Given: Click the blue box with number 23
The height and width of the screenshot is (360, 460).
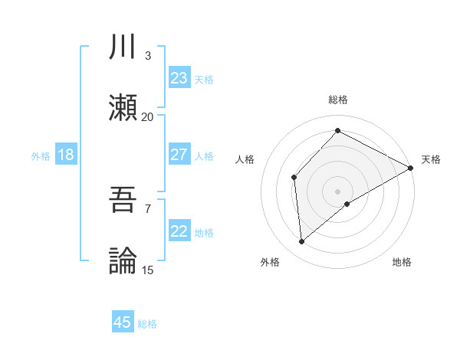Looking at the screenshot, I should tap(179, 77).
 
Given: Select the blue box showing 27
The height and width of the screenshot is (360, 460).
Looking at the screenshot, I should tap(179, 155).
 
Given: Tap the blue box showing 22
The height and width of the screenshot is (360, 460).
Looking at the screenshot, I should tap(179, 231).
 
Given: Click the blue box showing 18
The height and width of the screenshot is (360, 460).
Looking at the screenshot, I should tap(66, 155).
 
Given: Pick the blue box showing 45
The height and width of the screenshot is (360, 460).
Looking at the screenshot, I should tap(123, 322).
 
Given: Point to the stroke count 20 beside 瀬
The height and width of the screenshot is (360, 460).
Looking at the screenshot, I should tap(147, 116).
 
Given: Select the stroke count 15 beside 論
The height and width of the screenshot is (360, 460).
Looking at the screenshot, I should tap(147, 270).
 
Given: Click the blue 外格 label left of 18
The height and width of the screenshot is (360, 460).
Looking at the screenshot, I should tap(41, 155).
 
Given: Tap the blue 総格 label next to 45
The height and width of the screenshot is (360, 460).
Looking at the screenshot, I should tap(147, 324).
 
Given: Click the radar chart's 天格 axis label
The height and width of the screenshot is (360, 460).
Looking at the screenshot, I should tap(431, 159).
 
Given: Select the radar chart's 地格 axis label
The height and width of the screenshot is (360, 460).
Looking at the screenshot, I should tap(402, 262).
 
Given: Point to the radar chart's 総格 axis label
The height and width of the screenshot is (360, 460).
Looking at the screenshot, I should tap(338, 100).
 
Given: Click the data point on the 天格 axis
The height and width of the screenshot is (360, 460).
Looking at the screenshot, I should tap(411, 168).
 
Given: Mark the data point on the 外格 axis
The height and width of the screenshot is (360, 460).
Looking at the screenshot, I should tap(302, 242).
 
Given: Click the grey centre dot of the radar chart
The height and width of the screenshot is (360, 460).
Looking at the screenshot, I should tap(338, 191).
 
